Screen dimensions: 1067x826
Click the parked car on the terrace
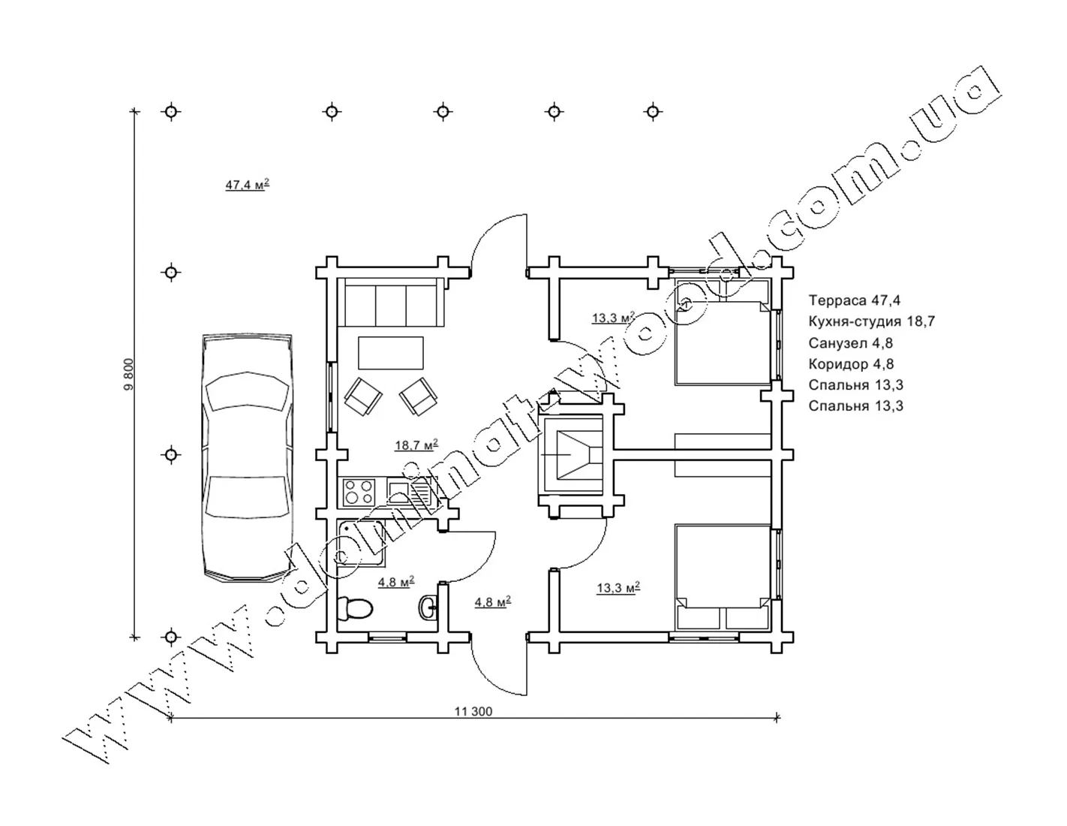coord(247,458)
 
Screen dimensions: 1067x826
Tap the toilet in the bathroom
coord(356,608)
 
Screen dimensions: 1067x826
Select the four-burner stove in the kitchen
coord(359,493)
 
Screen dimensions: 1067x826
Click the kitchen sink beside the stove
coord(408,493)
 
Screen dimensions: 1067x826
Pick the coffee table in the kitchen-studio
coord(390,352)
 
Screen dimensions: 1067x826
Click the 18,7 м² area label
coord(416,445)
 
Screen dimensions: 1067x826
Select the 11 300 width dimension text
coord(473,711)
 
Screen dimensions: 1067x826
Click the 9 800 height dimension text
coord(128,375)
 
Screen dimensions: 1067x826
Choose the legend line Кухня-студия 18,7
coord(872,321)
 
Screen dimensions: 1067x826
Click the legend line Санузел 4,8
coord(850,342)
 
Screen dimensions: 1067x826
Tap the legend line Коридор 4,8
coord(851,363)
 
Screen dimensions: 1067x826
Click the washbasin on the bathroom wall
coord(428,607)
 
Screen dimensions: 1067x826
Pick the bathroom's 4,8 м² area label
coord(395,582)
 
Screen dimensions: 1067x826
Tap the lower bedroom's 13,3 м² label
coord(618,587)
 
